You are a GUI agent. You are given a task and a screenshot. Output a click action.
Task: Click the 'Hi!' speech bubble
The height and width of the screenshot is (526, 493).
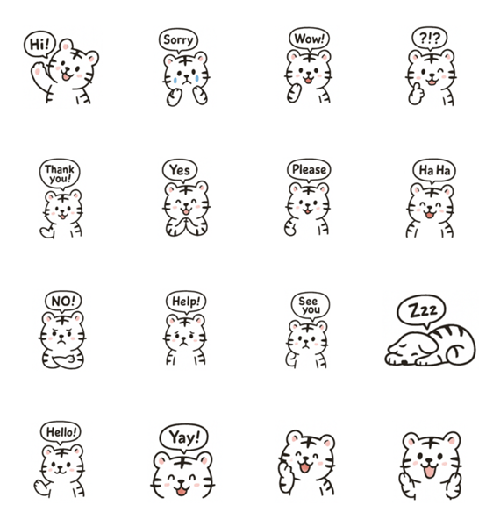(x=39, y=44)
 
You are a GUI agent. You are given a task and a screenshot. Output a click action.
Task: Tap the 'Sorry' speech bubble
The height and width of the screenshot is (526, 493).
(x=178, y=40)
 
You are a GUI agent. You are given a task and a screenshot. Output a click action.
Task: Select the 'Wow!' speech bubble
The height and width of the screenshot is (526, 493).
(x=309, y=39)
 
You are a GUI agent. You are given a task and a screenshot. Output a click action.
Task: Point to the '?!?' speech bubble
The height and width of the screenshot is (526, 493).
(x=429, y=38)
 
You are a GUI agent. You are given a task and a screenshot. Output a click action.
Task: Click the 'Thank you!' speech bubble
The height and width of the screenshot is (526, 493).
(x=60, y=174)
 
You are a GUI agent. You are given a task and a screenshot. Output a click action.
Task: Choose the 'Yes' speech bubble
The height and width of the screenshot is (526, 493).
(x=180, y=170)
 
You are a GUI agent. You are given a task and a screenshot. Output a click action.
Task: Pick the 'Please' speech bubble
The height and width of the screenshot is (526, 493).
(x=309, y=170)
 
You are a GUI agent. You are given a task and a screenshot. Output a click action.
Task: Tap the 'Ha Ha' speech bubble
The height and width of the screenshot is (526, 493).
(x=434, y=170)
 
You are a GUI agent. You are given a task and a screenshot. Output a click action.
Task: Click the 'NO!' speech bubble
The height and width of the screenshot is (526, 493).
(x=63, y=302)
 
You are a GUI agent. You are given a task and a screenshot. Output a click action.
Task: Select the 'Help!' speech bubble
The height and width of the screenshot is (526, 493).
(x=186, y=302)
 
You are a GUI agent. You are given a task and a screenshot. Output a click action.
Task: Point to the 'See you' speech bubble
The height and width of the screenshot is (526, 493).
(x=310, y=306)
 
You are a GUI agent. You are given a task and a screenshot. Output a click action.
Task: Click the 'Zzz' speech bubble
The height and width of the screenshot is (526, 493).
(x=422, y=310)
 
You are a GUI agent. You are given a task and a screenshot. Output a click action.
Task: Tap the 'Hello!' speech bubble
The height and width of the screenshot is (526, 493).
(x=61, y=432)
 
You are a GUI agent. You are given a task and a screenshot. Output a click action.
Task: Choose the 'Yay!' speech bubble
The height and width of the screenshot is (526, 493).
(x=184, y=437)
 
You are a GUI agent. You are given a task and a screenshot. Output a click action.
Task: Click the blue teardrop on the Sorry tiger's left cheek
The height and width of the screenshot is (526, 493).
(x=175, y=80)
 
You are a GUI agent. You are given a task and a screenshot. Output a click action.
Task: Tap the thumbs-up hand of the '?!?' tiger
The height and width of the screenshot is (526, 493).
(x=416, y=95)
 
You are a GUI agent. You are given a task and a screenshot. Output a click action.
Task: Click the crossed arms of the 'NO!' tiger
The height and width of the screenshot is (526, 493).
(x=63, y=359)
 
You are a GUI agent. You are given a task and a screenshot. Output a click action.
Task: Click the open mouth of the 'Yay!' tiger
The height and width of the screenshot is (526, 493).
(x=182, y=492)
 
